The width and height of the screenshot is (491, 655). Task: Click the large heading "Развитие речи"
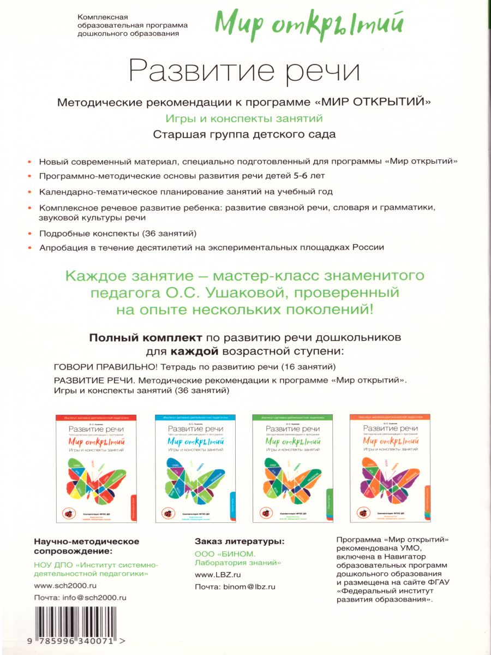[x=244, y=72]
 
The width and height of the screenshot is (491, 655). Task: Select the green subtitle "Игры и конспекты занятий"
[x=244, y=118]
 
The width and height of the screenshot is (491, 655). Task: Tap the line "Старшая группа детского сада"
[x=244, y=134]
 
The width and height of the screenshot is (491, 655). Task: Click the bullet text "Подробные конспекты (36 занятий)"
[x=118, y=233]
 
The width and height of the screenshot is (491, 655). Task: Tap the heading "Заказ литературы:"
[x=239, y=541]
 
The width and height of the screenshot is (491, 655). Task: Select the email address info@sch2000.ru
[x=95, y=597]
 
